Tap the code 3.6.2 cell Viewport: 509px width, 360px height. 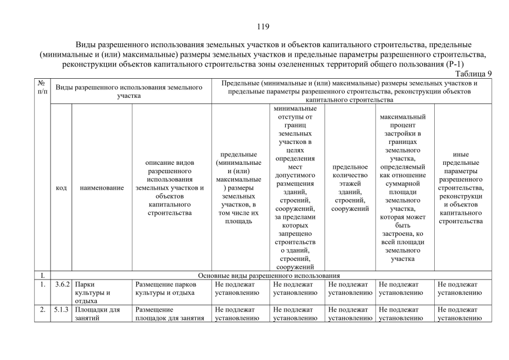click(x=61, y=285)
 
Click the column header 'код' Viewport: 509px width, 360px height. click(x=61, y=188)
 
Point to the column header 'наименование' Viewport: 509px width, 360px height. click(x=102, y=188)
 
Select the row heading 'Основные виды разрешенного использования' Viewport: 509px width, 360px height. click(x=269, y=276)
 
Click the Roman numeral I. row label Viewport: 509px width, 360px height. click(x=42, y=276)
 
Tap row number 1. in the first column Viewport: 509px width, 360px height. click(x=42, y=285)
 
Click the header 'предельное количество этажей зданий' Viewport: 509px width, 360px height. click(x=350, y=188)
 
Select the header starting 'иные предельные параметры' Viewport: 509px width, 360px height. click(x=460, y=188)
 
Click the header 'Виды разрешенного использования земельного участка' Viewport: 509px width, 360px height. click(x=129, y=92)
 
